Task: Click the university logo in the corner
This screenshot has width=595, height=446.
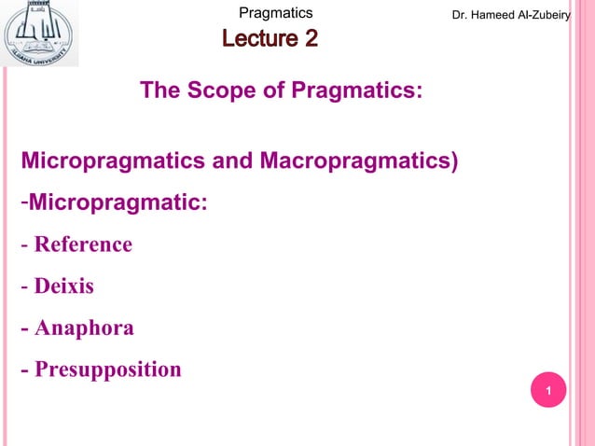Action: (x=40, y=35)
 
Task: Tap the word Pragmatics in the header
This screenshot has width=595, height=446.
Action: (x=275, y=13)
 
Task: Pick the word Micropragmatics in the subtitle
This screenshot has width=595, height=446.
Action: (x=114, y=160)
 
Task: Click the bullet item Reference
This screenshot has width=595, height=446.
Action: (x=83, y=244)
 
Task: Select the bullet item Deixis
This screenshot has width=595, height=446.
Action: (x=63, y=286)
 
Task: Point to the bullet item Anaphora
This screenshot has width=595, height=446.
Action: (x=84, y=328)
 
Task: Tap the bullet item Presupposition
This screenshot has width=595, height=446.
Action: (x=107, y=370)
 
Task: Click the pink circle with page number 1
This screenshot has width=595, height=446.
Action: (x=549, y=390)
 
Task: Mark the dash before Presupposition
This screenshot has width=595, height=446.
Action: (x=25, y=370)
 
